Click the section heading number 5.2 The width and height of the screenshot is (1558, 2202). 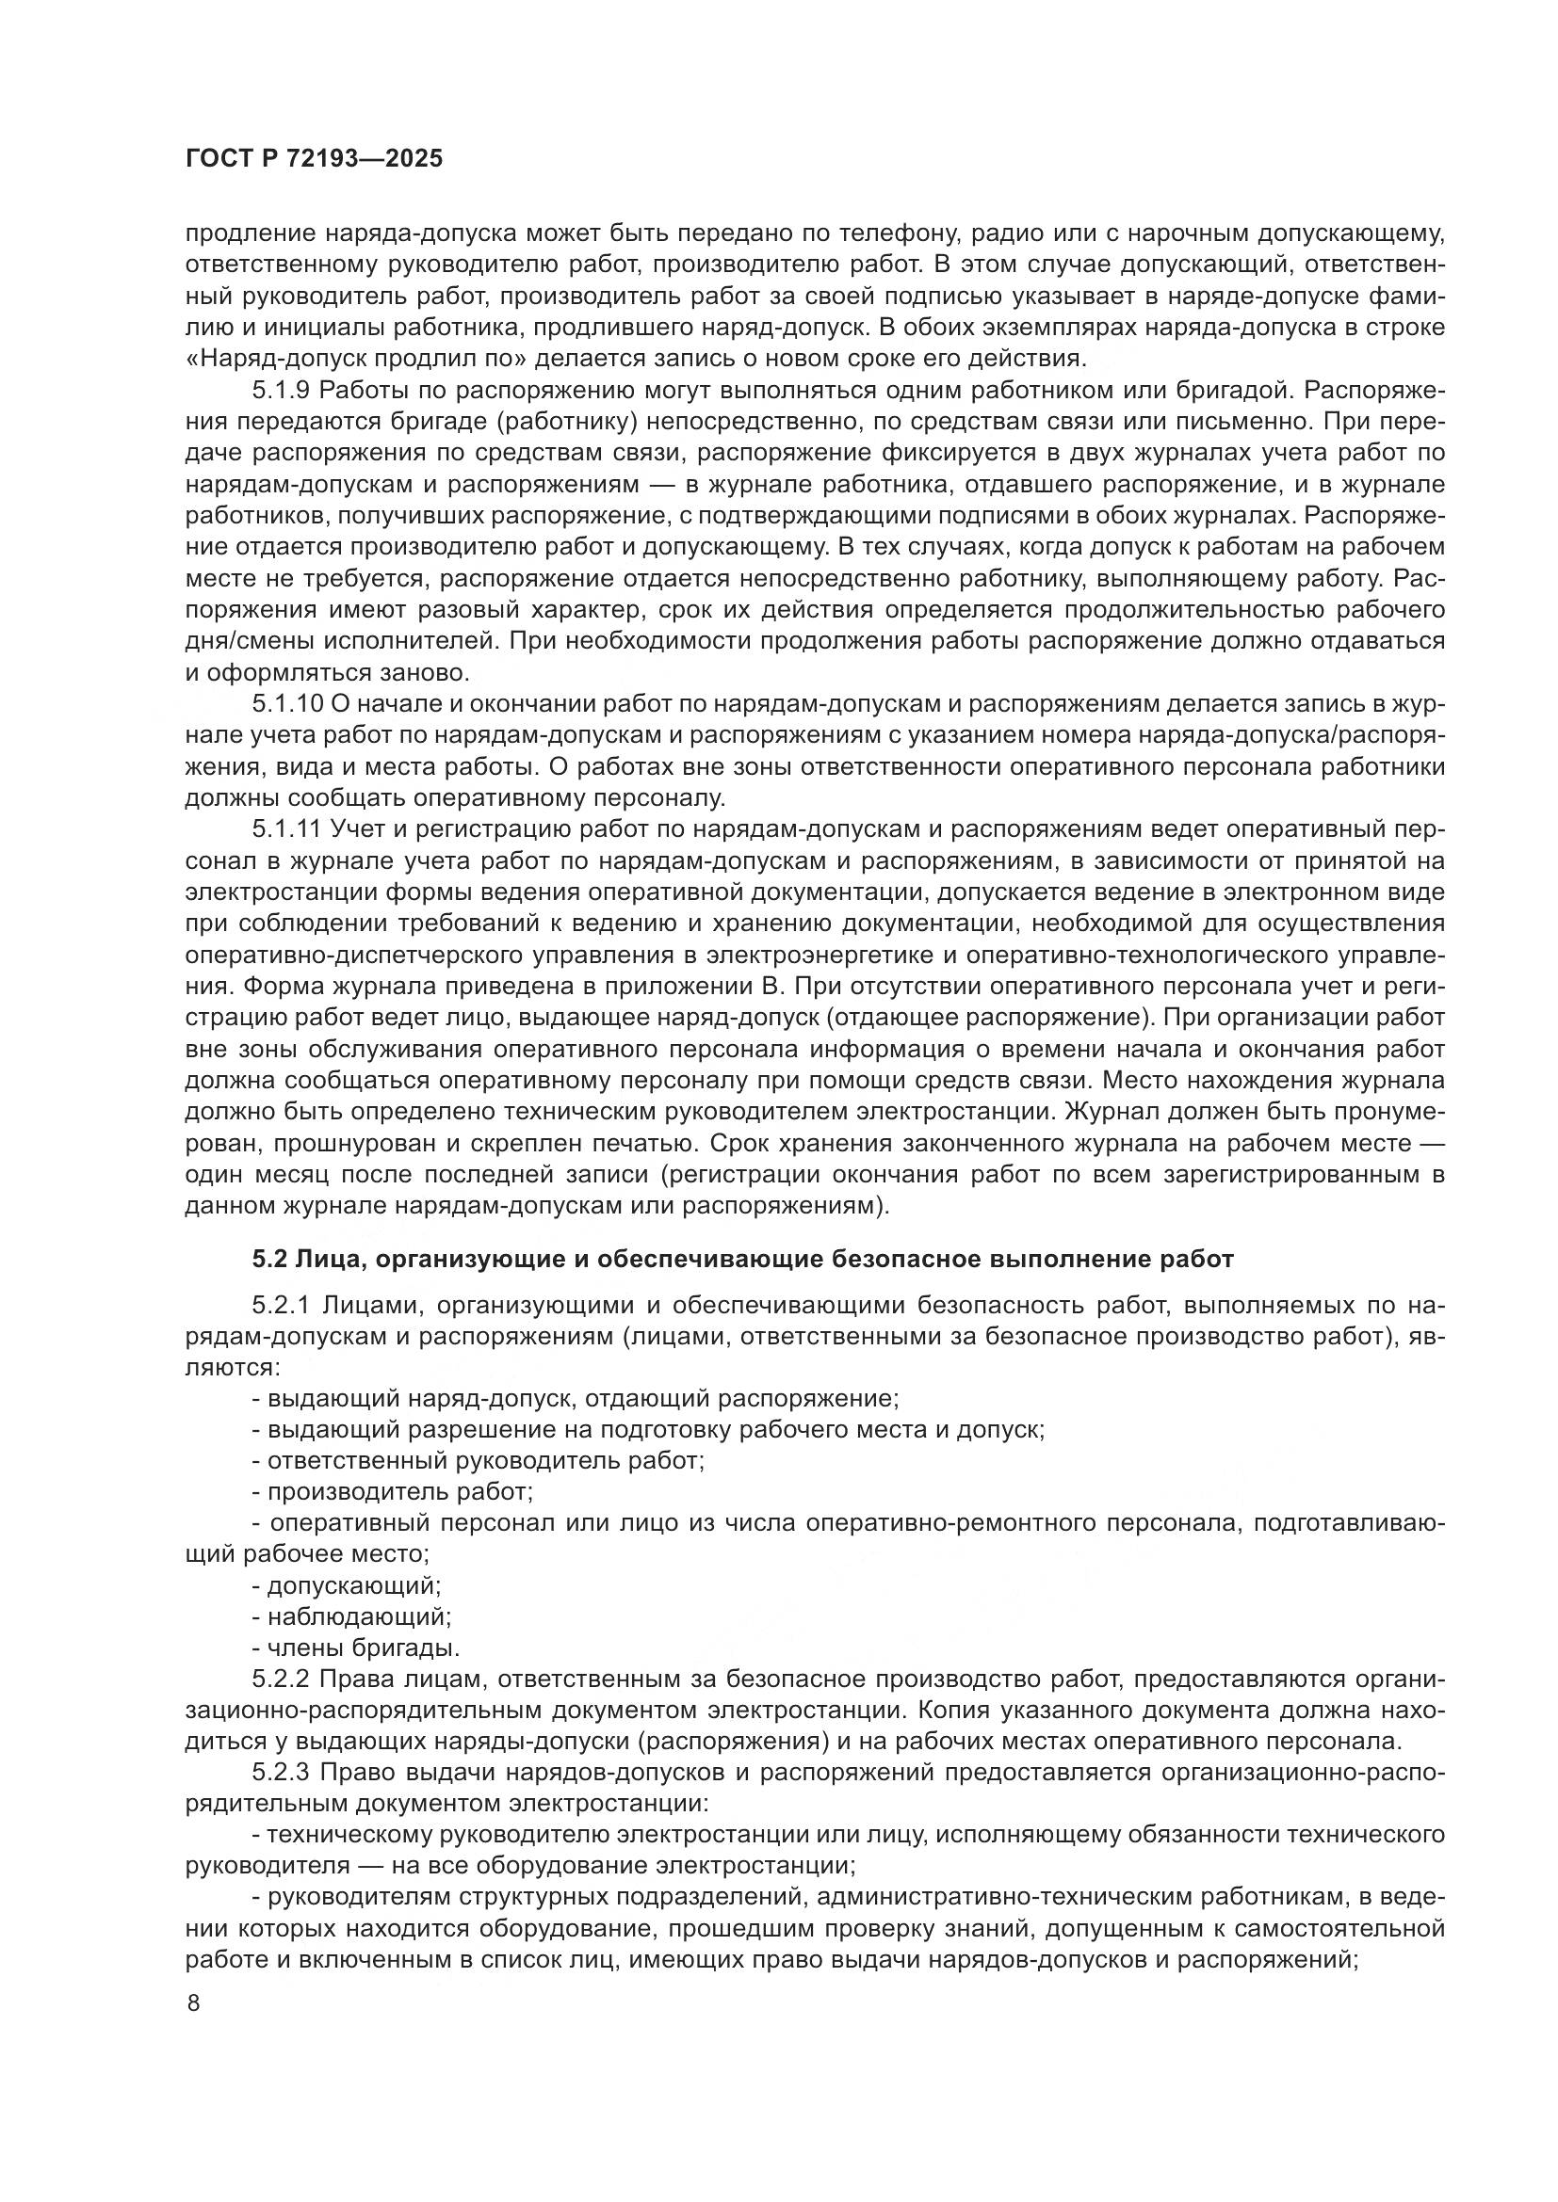[x=268, y=1260]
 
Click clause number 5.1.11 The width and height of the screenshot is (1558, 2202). [x=288, y=829]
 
